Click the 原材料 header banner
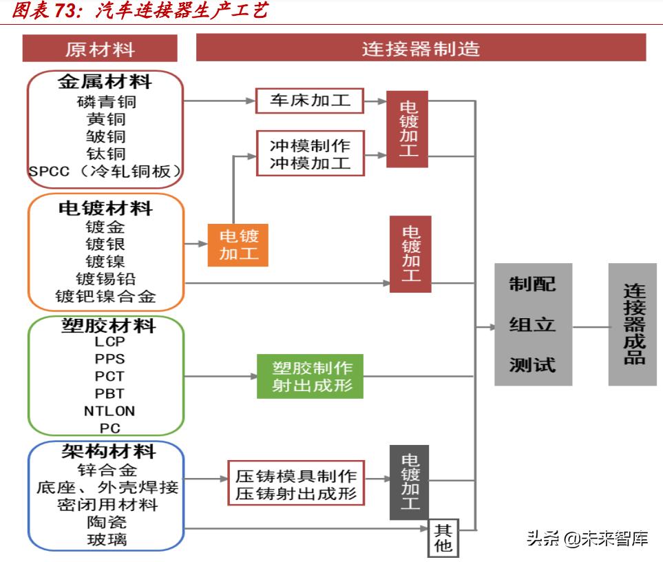[100, 49]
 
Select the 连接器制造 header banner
[421, 48]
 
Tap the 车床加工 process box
[309, 101]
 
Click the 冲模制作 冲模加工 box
[309, 154]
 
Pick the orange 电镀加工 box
[238, 244]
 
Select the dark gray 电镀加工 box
[410, 482]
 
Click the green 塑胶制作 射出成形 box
[309, 376]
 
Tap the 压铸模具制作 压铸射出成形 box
[296, 485]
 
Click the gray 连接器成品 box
[633, 324]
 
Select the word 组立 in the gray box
[532, 325]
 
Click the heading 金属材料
[105, 82]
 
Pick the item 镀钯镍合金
[106, 297]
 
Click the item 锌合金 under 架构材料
[107, 470]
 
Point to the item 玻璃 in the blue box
[107, 540]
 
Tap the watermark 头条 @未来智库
[587, 538]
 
